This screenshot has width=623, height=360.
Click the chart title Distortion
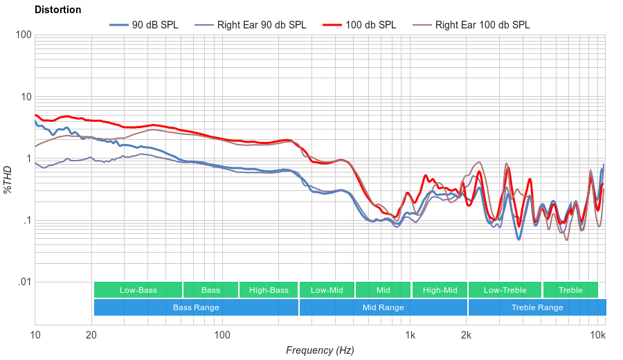[x=57, y=10]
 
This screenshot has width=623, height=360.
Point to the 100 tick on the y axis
[x=23, y=35]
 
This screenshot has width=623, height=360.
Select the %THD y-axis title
[x=8, y=179]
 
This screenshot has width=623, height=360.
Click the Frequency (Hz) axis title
[x=320, y=350]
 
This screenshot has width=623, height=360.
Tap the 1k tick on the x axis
[x=410, y=336]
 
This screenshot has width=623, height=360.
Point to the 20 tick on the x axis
[x=91, y=336]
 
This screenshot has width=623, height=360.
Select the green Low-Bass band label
[x=138, y=290]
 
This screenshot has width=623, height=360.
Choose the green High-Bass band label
[x=269, y=290]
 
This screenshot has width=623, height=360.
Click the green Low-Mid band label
[x=327, y=290]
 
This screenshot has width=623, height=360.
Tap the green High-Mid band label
[x=440, y=290]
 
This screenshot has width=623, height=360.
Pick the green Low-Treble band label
[x=505, y=290]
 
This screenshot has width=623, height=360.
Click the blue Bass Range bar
[x=196, y=307]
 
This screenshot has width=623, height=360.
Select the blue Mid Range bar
[x=383, y=307]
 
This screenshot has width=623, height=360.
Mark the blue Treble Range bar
[x=536, y=307]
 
